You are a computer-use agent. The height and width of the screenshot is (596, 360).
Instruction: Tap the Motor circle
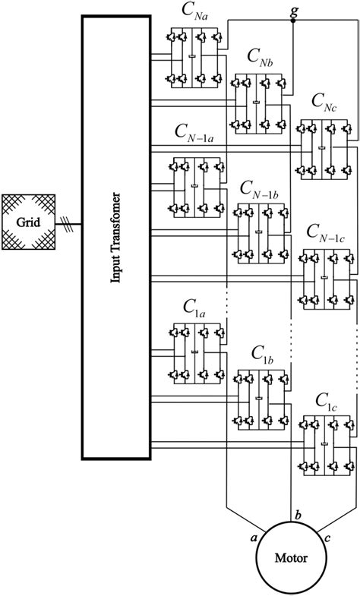[x=291, y=560]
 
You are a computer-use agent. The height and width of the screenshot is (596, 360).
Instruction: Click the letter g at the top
[x=294, y=9]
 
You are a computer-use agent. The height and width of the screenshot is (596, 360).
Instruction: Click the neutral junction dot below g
[x=294, y=22]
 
